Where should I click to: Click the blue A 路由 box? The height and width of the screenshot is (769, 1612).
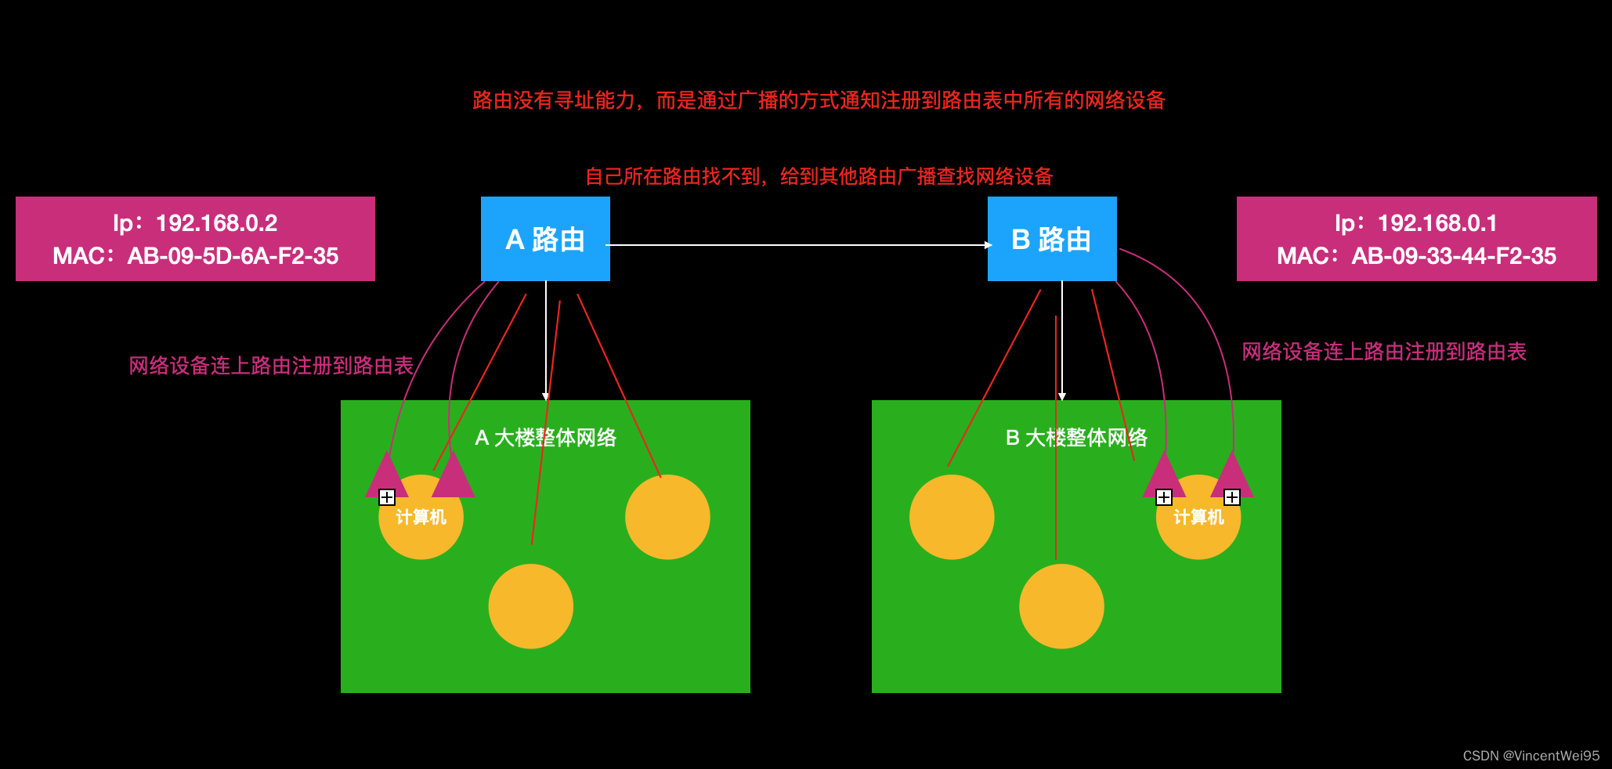point(545,239)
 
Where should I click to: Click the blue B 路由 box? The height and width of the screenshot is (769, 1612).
point(1051,239)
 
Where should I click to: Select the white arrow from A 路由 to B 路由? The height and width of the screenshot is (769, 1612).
point(799,245)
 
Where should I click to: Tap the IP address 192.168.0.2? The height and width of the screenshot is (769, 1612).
point(216,223)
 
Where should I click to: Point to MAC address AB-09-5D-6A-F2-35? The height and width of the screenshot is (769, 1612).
point(233,256)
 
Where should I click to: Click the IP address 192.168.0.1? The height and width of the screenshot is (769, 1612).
point(1437,223)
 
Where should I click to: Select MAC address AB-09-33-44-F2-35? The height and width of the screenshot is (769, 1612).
point(1454,256)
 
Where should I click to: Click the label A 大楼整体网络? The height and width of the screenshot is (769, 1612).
point(545,438)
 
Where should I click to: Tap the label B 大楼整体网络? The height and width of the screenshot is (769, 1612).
point(1076,438)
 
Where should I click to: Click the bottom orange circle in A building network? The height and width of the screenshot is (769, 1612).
point(531,606)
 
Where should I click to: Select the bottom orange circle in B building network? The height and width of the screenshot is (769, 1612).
point(1061,606)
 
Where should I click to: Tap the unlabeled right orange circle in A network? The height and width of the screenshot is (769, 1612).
point(667,518)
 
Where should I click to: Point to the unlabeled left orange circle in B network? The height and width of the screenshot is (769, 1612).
point(952,518)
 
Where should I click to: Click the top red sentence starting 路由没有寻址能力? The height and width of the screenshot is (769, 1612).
point(819,100)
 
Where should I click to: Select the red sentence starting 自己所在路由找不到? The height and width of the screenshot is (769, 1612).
point(819,176)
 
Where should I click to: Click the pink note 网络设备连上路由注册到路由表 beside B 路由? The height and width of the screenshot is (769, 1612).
point(1384,352)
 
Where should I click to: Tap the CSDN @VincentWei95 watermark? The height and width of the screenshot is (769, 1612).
point(1531,756)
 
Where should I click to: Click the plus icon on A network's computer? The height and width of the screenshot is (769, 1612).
point(387,497)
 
